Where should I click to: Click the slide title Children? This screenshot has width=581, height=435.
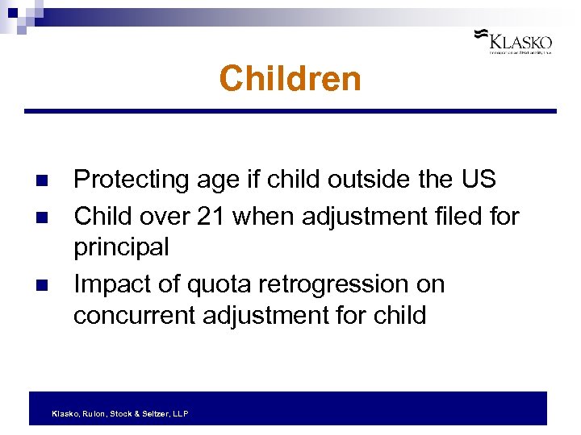point(290,79)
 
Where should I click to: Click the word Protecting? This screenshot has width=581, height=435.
point(132,180)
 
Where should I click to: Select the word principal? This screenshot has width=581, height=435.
point(121,247)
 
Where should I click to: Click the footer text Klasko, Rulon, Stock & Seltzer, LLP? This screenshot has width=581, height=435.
point(119,413)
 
